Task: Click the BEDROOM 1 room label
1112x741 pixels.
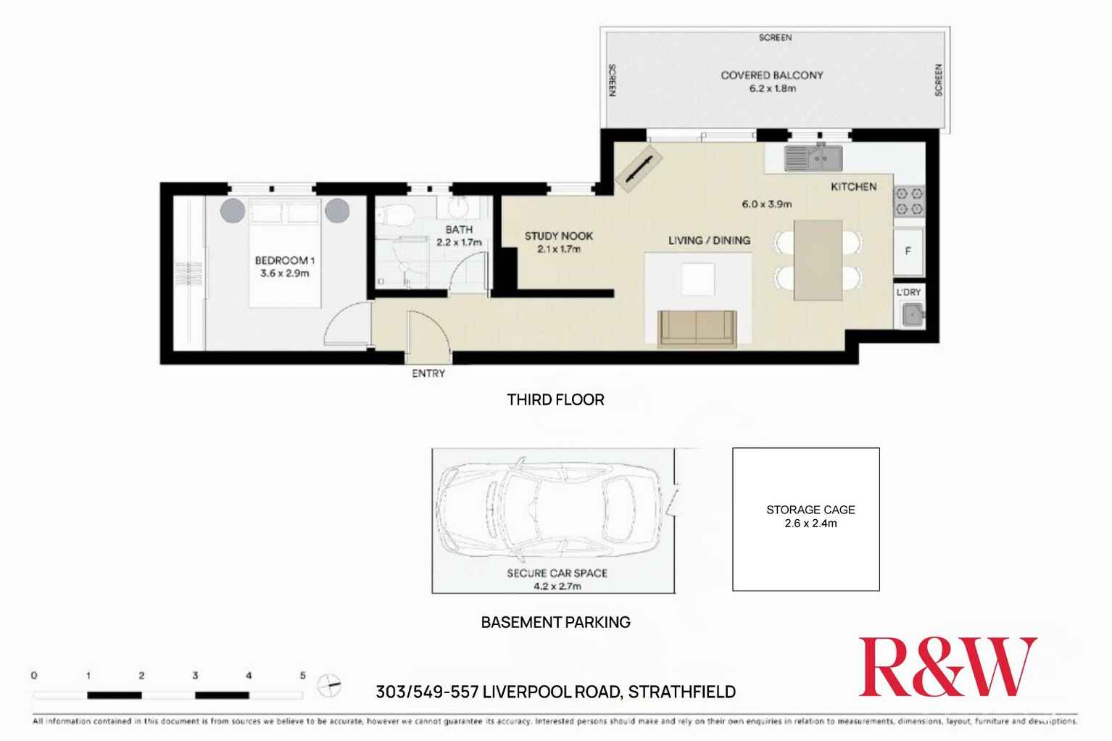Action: click(x=284, y=260)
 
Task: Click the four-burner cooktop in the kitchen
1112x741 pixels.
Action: click(x=909, y=202)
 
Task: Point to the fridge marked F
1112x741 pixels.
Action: click(x=908, y=252)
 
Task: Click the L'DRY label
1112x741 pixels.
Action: click(x=908, y=292)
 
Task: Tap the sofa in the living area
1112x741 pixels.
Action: click(x=697, y=328)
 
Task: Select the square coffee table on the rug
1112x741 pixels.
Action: click(x=698, y=279)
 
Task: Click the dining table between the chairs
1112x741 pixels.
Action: click(x=818, y=260)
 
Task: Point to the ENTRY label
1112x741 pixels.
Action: click(x=428, y=373)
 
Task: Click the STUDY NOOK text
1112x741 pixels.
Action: click(x=558, y=236)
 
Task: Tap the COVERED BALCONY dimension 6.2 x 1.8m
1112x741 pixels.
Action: click(x=772, y=88)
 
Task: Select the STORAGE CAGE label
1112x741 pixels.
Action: click(x=810, y=510)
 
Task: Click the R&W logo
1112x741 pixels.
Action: click(x=947, y=667)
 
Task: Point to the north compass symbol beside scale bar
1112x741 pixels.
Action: click(x=329, y=684)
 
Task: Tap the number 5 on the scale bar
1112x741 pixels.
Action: click(x=303, y=675)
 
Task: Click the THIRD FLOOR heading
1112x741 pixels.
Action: click(x=555, y=400)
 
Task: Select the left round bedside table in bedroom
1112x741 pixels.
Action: click(x=233, y=210)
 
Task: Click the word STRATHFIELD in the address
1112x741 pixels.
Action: click(x=681, y=692)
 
